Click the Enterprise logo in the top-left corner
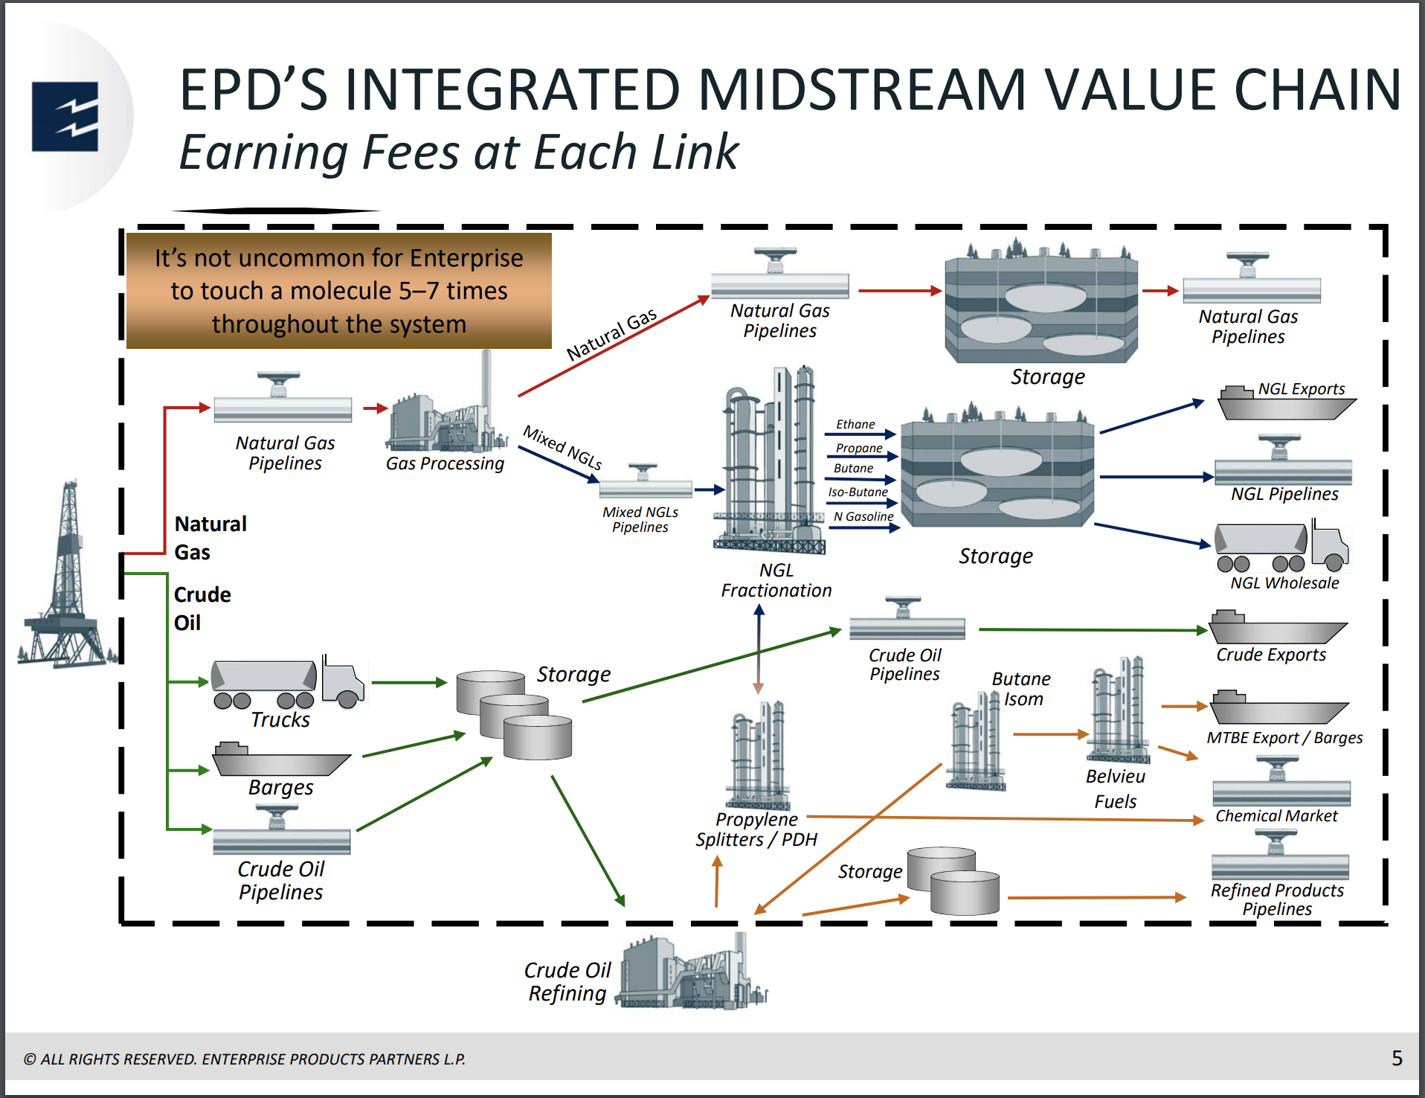(65, 117)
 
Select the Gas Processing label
(445, 463)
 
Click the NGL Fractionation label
(776, 580)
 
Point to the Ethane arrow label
(855, 424)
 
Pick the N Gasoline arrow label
(863, 516)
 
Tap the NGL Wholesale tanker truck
(1281, 547)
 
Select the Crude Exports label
(1270, 655)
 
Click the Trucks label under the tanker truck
(280, 719)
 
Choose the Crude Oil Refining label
(567, 981)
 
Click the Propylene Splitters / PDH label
(756, 829)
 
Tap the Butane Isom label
(1022, 689)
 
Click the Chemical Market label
(1276, 816)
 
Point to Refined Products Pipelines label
(1277, 899)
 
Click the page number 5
(1397, 1058)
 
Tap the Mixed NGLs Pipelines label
(640, 519)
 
